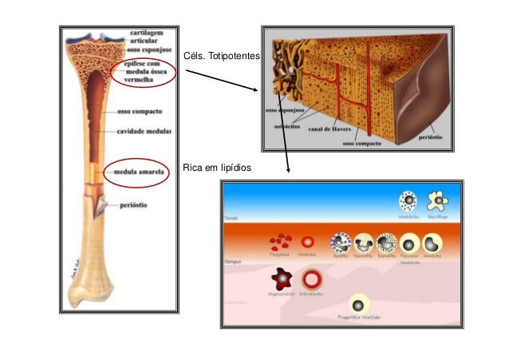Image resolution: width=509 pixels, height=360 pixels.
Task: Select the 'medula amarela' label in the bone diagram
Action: [x=139, y=171]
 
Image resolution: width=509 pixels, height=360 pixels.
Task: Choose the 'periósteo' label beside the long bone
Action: [x=136, y=204]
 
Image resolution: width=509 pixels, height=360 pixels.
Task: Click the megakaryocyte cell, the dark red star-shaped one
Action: [x=281, y=279]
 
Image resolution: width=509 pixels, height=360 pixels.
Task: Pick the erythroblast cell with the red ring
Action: [x=311, y=279]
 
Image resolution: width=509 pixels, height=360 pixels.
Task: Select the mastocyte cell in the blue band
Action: [x=408, y=200]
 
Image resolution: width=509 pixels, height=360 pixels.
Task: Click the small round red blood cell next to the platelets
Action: [x=306, y=241]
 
